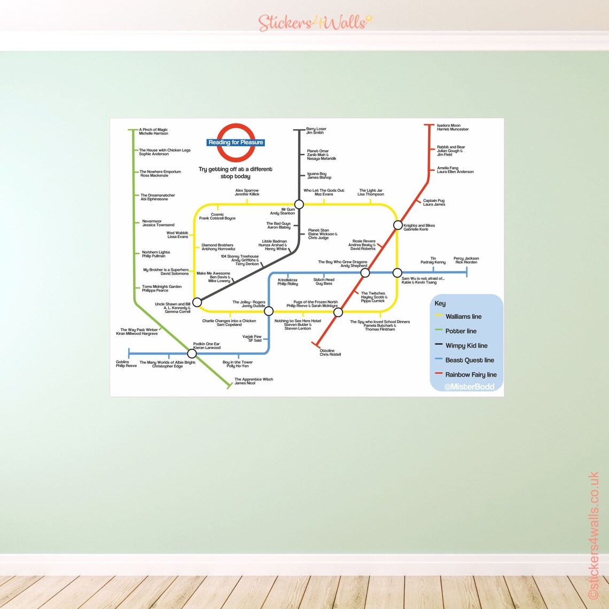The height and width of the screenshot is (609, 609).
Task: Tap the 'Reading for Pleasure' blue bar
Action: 236,143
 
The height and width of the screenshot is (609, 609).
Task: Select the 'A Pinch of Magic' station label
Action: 153,131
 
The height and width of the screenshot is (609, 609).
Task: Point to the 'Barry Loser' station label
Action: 316,131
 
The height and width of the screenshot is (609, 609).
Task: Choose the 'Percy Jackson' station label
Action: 466,260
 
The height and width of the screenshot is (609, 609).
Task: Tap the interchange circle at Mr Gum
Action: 299,204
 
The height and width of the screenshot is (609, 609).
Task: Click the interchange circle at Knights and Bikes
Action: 397,225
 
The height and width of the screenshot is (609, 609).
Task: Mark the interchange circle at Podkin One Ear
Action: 192,353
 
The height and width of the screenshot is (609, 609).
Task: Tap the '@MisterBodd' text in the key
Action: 469,387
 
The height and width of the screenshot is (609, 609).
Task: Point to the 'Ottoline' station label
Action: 330,353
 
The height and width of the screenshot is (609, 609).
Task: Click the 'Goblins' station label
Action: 126,364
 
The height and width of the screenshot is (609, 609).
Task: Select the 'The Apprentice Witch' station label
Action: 253,381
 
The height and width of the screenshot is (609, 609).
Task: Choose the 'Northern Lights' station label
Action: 155,254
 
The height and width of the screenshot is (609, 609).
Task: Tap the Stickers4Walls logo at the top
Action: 315,22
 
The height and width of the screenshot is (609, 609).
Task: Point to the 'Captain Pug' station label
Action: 434,202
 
